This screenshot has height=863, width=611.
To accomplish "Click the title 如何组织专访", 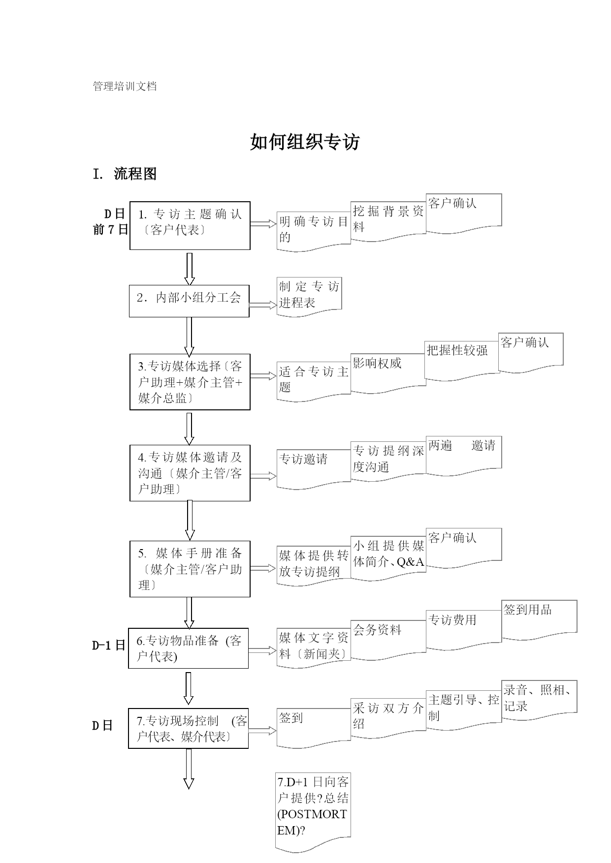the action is point(305,142).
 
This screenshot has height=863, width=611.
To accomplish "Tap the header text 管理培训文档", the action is point(125,87).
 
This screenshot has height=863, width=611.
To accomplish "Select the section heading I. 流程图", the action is point(125,174).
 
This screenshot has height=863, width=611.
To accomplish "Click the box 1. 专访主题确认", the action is point(190,225).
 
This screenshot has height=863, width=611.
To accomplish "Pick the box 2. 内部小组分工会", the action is point(189,301).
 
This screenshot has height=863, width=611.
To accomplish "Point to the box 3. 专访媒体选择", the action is point(190,382).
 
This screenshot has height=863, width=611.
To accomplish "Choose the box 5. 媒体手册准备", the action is point(190,569).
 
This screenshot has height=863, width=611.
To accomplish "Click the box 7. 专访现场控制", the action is point(189,728).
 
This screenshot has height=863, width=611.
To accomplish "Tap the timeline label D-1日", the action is point(109,646).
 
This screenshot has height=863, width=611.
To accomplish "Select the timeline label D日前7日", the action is point(110,221).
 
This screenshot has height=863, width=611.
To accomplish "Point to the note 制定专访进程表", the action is point(309,297).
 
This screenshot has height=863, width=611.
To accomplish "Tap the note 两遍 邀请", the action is point(464,456).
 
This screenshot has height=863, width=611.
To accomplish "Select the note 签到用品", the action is point(539,620).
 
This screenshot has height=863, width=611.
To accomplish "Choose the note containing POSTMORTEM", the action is point(313,812).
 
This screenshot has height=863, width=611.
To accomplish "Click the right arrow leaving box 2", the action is point(263,305).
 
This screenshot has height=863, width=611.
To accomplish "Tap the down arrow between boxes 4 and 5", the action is point(190,521).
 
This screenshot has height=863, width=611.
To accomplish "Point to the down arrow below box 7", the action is point(189,769).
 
